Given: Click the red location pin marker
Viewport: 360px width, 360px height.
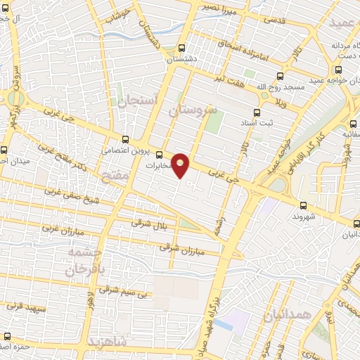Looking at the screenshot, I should [181, 165].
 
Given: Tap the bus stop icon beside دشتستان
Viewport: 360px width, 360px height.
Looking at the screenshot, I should [182, 49].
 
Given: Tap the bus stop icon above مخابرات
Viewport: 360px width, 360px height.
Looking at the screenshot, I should [159, 155].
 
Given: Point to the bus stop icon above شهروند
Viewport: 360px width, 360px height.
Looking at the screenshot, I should [303, 205].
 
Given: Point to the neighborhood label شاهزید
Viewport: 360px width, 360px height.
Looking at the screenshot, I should [106, 342].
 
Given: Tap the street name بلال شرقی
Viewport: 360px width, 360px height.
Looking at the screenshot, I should [146, 223].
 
